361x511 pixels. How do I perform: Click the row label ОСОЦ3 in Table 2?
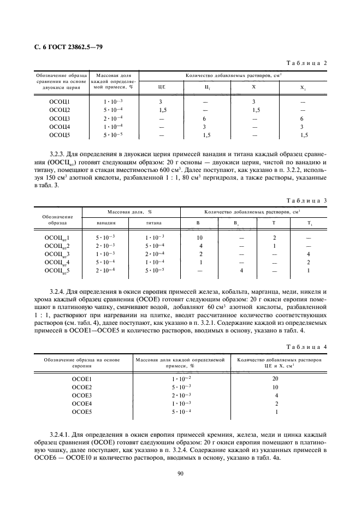tap(60, 118)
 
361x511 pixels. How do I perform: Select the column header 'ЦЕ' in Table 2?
tap(161, 86)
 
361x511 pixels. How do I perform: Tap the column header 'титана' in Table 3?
tap(155, 222)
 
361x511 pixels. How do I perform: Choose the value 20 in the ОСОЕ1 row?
tap(276, 378)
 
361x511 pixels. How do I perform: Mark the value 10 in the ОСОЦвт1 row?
tap(200, 237)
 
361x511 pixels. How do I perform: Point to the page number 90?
tap(180, 473)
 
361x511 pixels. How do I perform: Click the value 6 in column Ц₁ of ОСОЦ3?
tap(204, 118)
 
